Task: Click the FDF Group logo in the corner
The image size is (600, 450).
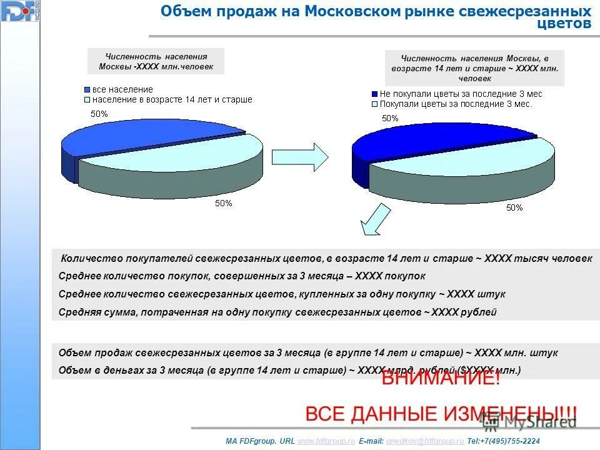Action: click(19, 11)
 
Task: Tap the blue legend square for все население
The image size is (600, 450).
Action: click(87, 90)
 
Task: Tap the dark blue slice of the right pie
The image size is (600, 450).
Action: click(431, 141)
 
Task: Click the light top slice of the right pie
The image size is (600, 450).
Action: click(475, 159)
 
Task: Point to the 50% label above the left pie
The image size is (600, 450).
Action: click(99, 114)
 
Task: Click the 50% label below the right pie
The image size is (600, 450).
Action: click(514, 208)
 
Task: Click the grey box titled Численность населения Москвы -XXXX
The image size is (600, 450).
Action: click(156, 61)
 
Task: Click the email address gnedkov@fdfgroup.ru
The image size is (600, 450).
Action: click(426, 441)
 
